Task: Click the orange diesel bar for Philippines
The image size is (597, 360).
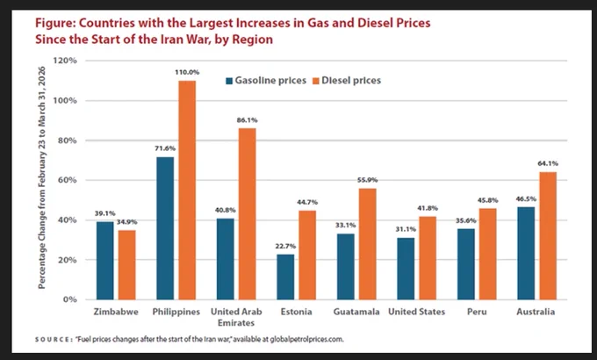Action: tap(187, 190)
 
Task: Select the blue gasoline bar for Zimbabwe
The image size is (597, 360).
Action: tap(105, 261)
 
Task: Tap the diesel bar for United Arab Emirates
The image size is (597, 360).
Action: tap(247, 214)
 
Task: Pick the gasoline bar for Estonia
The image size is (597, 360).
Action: tap(285, 277)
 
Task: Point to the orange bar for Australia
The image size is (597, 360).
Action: tap(548, 236)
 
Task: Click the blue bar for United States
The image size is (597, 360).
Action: tap(406, 269)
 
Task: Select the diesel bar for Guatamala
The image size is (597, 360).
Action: tap(367, 244)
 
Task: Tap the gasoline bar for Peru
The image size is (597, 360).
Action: tap(466, 264)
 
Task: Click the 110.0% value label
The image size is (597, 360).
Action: tap(187, 72)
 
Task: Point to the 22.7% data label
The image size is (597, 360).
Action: tap(285, 246)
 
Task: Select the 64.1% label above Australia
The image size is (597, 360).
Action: tap(548, 163)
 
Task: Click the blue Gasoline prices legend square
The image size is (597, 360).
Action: tap(229, 81)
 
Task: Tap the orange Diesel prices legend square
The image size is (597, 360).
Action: tap(316, 81)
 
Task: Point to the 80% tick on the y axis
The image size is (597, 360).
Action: tap(68, 140)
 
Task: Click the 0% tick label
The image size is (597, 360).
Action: tap(70, 299)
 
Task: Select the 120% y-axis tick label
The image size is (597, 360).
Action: tap(65, 61)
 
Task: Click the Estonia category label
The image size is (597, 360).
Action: tap(296, 312)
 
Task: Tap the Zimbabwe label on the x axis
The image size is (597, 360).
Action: tap(116, 312)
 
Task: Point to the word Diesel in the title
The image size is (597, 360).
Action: tap(375, 23)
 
